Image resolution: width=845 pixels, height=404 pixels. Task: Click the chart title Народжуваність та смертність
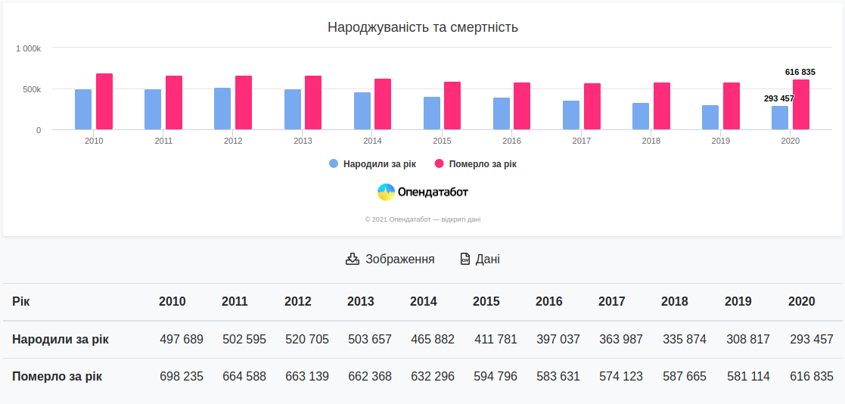(x=422, y=27)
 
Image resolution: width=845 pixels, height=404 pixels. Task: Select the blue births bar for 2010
(x=83, y=110)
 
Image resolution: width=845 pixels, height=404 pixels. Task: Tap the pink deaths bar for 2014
(x=383, y=104)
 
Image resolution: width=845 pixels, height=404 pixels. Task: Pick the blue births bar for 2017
(x=571, y=115)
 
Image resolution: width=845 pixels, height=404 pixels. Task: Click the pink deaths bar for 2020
(x=801, y=104)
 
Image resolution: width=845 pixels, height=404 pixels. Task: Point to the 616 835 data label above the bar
(x=800, y=72)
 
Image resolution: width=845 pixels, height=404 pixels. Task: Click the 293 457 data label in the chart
(x=778, y=98)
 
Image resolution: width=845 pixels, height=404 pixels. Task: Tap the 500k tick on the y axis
(x=32, y=89)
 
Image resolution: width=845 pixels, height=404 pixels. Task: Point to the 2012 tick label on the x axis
(x=233, y=141)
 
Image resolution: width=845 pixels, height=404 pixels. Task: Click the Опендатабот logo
(x=423, y=192)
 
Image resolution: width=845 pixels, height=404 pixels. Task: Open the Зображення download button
(x=390, y=259)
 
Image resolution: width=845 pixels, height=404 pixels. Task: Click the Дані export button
(x=480, y=259)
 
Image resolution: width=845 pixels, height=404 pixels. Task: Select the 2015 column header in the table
(x=486, y=301)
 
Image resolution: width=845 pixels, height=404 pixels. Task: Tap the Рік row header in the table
(x=21, y=301)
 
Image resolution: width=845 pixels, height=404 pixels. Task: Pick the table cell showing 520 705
(x=307, y=339)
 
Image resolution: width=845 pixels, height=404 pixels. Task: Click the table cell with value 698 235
(x=182, y=376)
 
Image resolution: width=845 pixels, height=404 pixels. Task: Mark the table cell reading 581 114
(x=748, y=376)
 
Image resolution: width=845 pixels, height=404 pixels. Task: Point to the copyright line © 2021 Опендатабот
(x=422, y=219)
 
